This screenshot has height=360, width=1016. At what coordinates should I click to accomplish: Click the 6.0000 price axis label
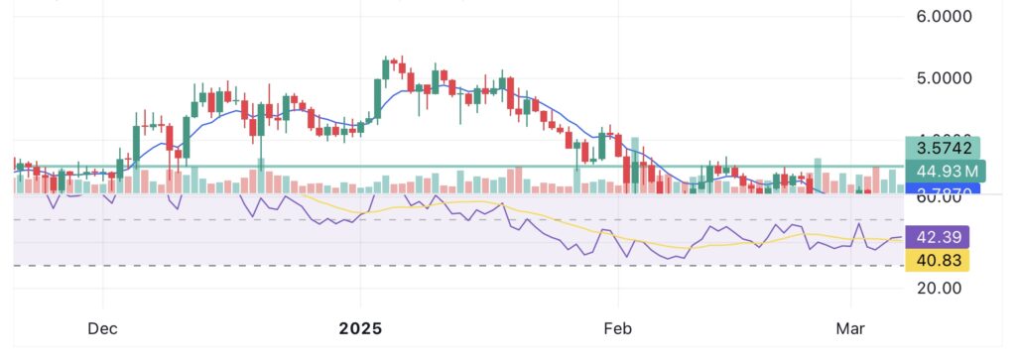944,17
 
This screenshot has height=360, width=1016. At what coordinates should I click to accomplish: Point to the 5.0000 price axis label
944,77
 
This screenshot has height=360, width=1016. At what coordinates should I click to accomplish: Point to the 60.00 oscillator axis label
940,197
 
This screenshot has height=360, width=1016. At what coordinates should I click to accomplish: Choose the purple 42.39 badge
936,237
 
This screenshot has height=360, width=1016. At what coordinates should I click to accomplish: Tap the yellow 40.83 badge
936,260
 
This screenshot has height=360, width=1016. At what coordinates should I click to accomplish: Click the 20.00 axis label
940,289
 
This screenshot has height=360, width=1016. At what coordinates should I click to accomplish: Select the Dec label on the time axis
103,327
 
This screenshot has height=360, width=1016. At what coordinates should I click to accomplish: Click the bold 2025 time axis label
360,327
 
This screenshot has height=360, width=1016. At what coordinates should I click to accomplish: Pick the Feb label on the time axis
618,327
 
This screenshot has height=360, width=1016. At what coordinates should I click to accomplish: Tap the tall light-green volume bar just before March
818,175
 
